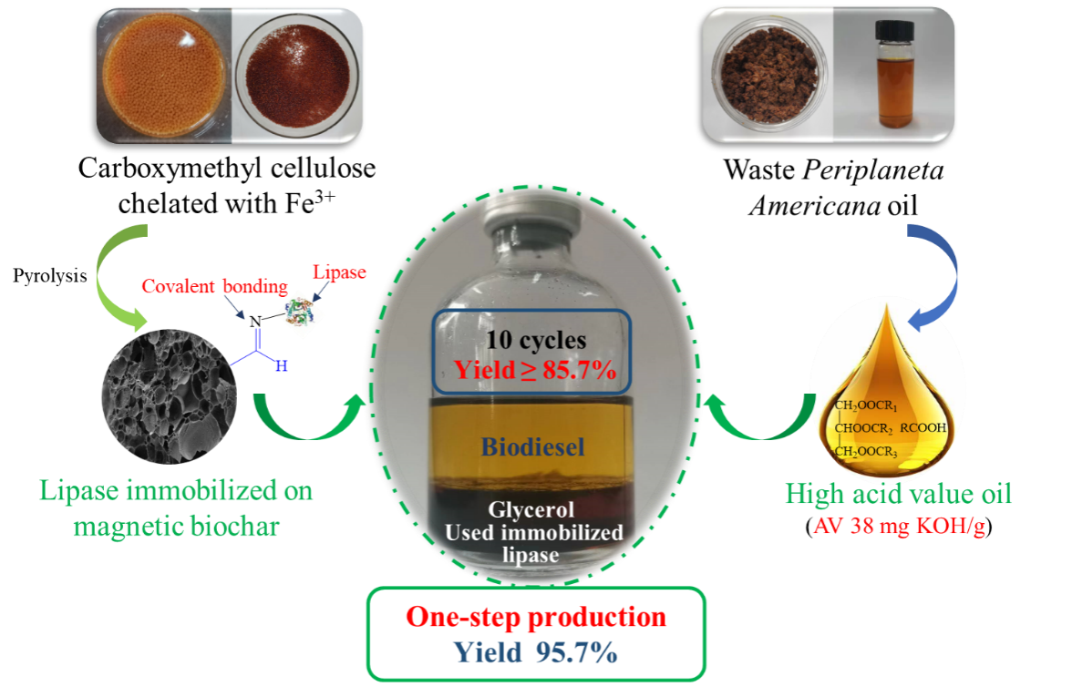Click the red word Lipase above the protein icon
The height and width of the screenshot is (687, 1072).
click(x=339, y=272)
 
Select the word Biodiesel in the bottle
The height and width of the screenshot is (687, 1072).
click(x=533, y=447)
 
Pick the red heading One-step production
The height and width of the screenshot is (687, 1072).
click(x=536, y=617)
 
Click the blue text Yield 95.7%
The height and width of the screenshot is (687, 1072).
click(x=536, y=651)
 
